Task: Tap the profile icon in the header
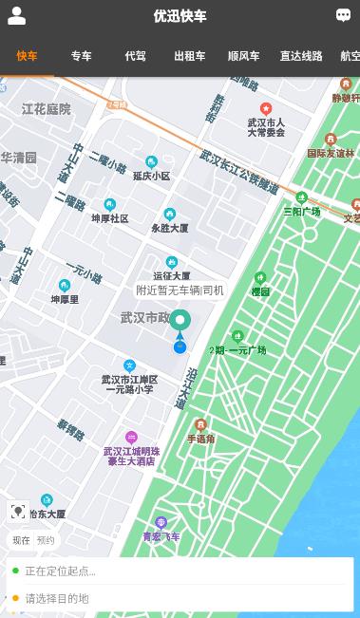click(16, 16)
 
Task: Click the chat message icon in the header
click(343, 15)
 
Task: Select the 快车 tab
click(27, 56)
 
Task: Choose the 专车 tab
click(81, 56)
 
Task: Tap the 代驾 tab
click(135, 56)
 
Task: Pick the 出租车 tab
click(189, 56)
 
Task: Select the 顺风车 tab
click(243, 56)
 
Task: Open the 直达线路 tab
click(300, 56)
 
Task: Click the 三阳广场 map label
click(301, 211)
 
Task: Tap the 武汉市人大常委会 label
click(266, 127)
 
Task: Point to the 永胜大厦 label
click(169, 228)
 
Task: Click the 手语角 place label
click(200, 439)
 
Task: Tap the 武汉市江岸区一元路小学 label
click(129, 384)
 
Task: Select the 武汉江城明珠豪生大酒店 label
click(131, 456)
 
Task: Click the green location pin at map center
click(180, 321)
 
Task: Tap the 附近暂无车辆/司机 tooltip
click(180, 290)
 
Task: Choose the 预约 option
click(46, 540)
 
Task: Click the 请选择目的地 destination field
click(180, 598)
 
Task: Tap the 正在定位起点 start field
click(180, 571)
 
